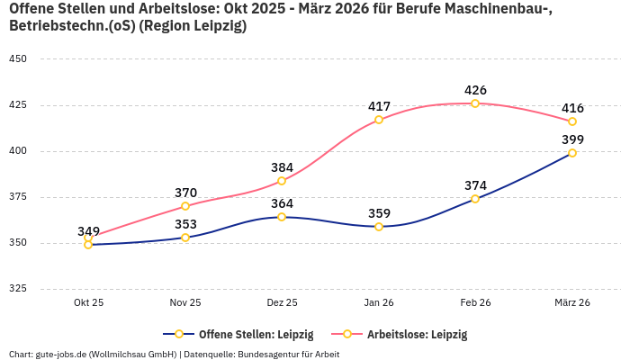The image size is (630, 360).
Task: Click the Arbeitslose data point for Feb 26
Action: coord(475,103)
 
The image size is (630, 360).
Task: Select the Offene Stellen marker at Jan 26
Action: coord(379,227)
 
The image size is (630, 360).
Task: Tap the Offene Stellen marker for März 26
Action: coord(572,153)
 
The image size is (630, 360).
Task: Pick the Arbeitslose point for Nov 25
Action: coord(185,206)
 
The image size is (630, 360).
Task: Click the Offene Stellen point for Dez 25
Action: coord(282,217)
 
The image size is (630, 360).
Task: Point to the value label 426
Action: coord(475,90)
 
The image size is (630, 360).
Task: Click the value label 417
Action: coord(379,106)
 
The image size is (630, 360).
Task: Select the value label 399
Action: coord(572,139)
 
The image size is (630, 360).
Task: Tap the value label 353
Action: coord(185,224)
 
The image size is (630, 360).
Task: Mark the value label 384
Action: coord(282,167)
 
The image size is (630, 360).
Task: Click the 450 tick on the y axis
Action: coord(17,59)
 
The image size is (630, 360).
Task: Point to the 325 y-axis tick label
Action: coord(17,289)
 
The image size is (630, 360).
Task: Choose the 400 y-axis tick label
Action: coord(17,151)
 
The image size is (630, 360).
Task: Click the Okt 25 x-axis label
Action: coord(88,303)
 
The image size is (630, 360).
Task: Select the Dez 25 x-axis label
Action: coord(282,303)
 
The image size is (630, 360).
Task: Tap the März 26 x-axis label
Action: coord(572,303)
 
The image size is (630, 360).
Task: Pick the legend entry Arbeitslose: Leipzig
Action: coord(417,335)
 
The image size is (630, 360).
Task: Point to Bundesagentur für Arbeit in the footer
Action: coord(289,355)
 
